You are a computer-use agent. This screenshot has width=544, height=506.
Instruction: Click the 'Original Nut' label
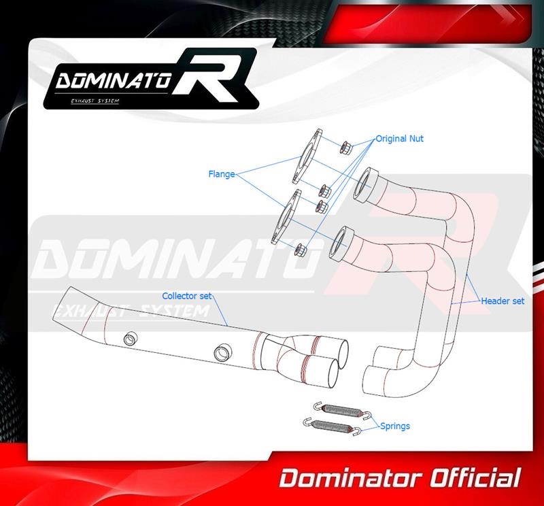(x=400, y=139)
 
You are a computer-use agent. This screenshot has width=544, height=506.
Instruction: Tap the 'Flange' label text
(x=222, y=174)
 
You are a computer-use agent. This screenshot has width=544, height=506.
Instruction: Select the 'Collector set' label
(x=186, y=296)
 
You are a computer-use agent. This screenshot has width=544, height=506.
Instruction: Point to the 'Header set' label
(x=503, y=301)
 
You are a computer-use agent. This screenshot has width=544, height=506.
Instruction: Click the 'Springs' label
(x=395, y=426)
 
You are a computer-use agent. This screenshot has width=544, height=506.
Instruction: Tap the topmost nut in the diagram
(x=346, y=148)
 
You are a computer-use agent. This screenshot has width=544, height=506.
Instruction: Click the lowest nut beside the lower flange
(x=300, y=250)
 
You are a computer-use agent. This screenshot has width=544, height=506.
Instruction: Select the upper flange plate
(x=307, y=156)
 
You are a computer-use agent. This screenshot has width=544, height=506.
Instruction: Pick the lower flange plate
(x=286, y=217)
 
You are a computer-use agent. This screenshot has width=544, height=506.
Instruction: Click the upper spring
(x=343, y=411)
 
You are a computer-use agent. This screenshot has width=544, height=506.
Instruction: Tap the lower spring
(x=333, y=426)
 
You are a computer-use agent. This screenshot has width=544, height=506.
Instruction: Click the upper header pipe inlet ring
(x=366, y=185)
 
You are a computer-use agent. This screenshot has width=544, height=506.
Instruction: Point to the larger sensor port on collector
(x=222, y=353)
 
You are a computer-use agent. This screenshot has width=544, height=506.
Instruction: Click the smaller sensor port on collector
(x=131, y=338)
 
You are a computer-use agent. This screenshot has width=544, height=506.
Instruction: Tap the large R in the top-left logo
(x=212, y=75)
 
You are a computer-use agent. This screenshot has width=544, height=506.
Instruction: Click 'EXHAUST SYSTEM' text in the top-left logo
(x=95, y=101)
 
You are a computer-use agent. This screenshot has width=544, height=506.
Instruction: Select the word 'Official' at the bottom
(x=475, y=477)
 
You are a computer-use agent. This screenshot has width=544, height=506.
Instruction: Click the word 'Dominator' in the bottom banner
(x=350, y=478)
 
